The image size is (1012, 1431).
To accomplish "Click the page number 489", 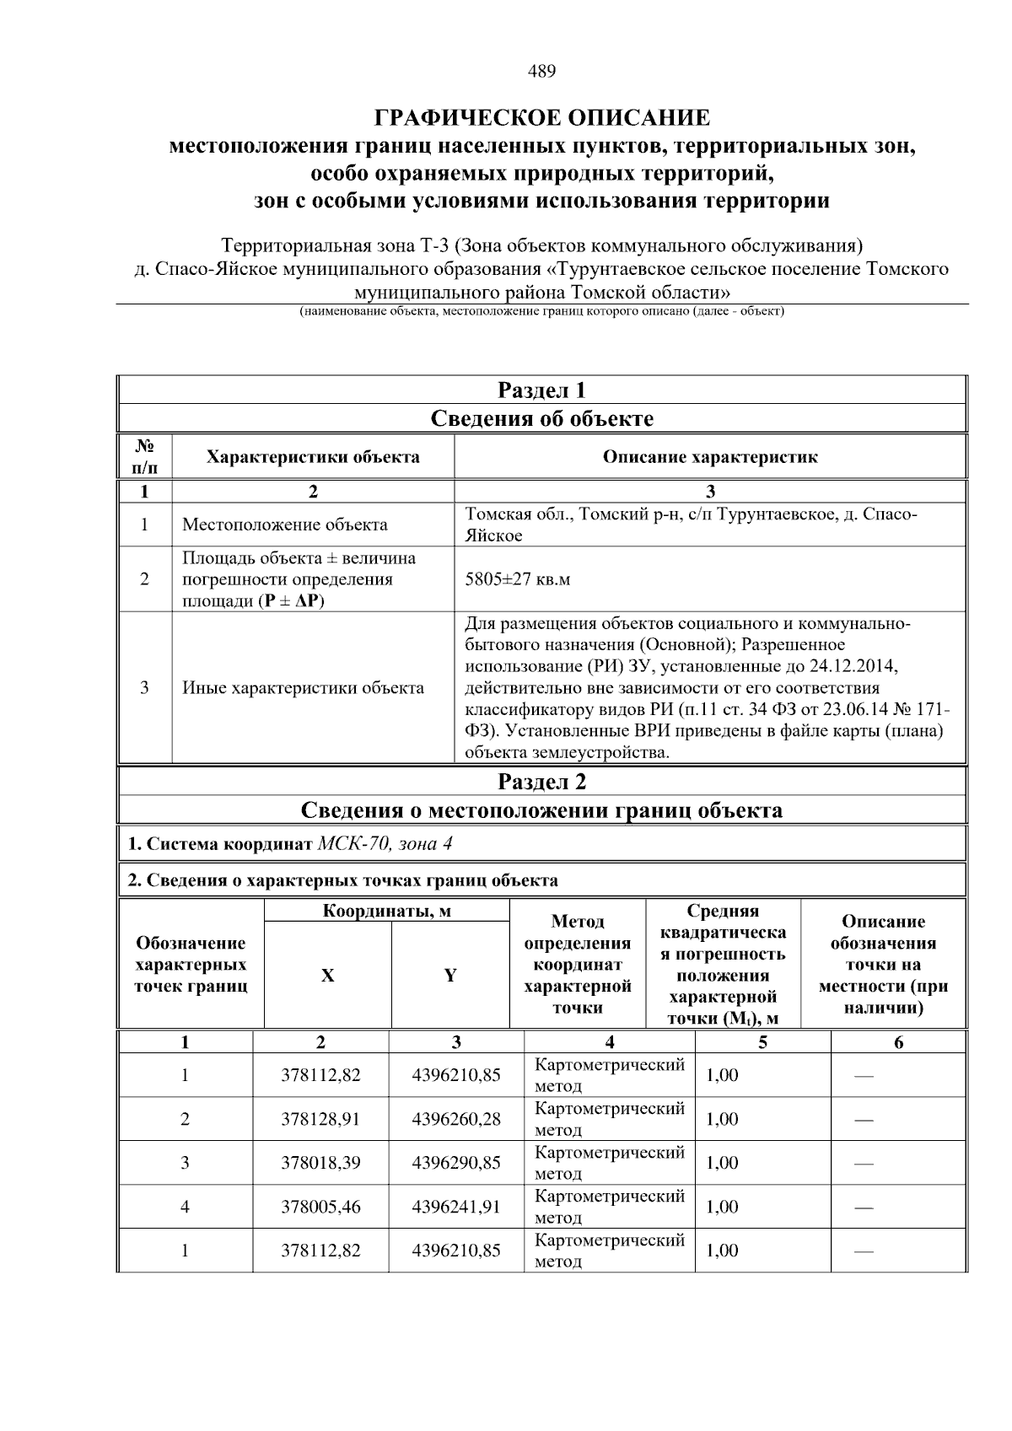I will (541, 72).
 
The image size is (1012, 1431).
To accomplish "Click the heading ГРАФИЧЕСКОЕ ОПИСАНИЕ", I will (541, 117).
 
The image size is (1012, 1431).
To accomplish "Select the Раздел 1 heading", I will (541, 390).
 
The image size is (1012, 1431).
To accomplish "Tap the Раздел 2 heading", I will (541, 781).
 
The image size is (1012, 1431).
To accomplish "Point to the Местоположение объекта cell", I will (285, 525).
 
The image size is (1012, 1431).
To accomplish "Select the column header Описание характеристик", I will (709, 457).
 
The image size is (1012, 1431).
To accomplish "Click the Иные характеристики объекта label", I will (304, 687).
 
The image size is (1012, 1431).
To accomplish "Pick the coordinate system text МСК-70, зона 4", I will (390, 844).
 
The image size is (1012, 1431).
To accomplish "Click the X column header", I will (327, 976).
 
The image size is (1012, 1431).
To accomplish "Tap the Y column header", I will (450, 976).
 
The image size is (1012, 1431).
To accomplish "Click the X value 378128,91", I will (320, 1119).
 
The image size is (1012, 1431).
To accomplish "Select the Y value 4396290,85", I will (455, 1163).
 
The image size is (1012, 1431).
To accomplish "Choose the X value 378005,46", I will (320, 1207).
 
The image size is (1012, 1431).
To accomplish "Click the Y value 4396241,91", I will (455, 1207).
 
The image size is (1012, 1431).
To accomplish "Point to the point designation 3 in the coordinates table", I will (185, 1163).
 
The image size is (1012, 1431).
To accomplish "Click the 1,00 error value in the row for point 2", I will (722, 1119).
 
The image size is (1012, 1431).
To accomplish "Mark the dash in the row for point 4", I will (863, 1208).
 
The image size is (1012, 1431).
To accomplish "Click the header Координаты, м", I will (386, 911).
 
